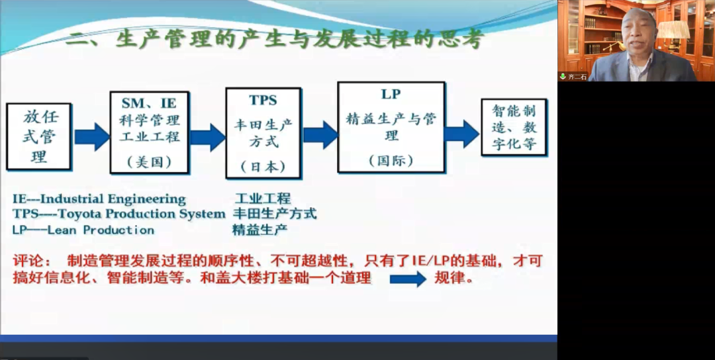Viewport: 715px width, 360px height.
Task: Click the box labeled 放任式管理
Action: (x=39, y=137)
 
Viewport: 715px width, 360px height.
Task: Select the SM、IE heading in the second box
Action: (x=149, y=103)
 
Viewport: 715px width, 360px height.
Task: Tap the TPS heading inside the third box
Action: (x=263, y=101)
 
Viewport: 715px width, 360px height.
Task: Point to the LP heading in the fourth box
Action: (x=391, y=94)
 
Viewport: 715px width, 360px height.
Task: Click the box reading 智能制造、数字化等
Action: (x=514, y=128)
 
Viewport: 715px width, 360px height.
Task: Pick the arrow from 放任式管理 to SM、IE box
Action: (x=91, y=136)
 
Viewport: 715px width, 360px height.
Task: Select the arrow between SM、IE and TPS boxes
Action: (x=207, y=137)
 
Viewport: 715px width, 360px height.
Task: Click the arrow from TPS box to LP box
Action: (x=320, y=134)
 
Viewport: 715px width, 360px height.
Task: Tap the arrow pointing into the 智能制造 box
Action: (x=461, y=133)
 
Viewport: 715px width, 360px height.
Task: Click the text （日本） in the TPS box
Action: (x=263, y=166)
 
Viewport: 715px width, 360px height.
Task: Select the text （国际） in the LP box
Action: (x=391, y=160)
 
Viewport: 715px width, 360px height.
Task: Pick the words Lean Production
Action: (x=101, y=230)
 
